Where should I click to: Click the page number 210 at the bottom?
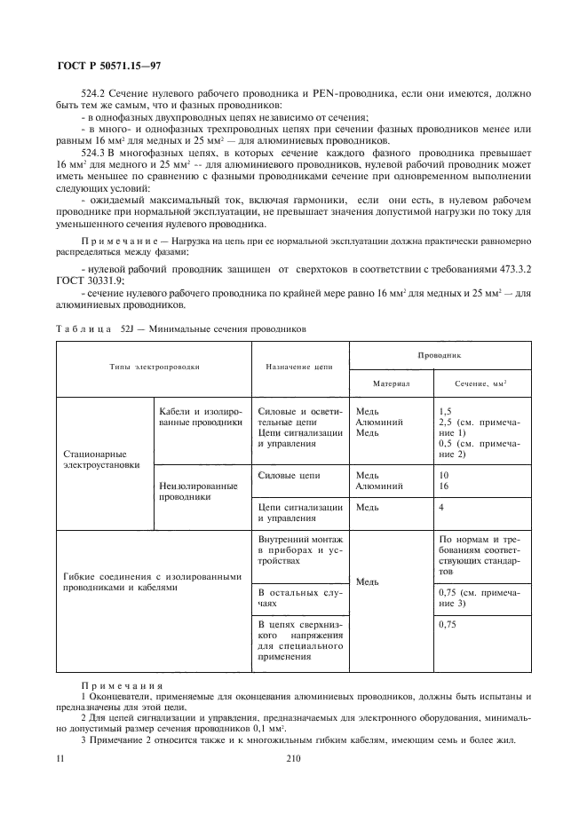coord(294,759)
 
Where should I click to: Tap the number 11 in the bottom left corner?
coord(59,759)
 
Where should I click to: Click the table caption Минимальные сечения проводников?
coord(230,328)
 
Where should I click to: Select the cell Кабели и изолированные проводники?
coord(200,417)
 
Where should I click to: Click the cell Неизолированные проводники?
coord(198,491)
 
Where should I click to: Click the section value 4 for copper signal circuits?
coord(441,507)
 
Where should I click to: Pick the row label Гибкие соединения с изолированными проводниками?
coord(153,581)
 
